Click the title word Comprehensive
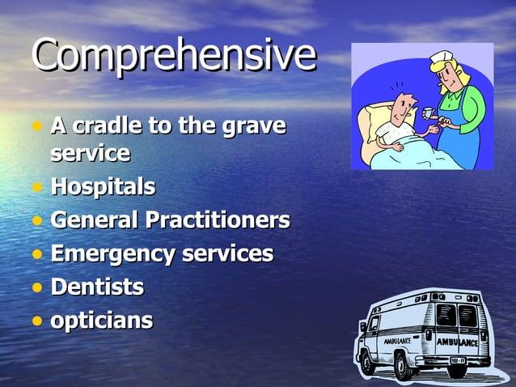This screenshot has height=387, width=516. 174,55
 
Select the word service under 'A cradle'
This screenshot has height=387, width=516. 90,152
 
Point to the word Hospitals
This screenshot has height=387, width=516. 103,187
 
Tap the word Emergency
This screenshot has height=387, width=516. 112,253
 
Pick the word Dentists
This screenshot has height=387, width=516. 97,287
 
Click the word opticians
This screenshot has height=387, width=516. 101,321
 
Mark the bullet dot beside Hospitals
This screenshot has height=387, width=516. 37,188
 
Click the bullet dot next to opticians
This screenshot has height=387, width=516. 37,321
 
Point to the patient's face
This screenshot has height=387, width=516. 401,103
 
